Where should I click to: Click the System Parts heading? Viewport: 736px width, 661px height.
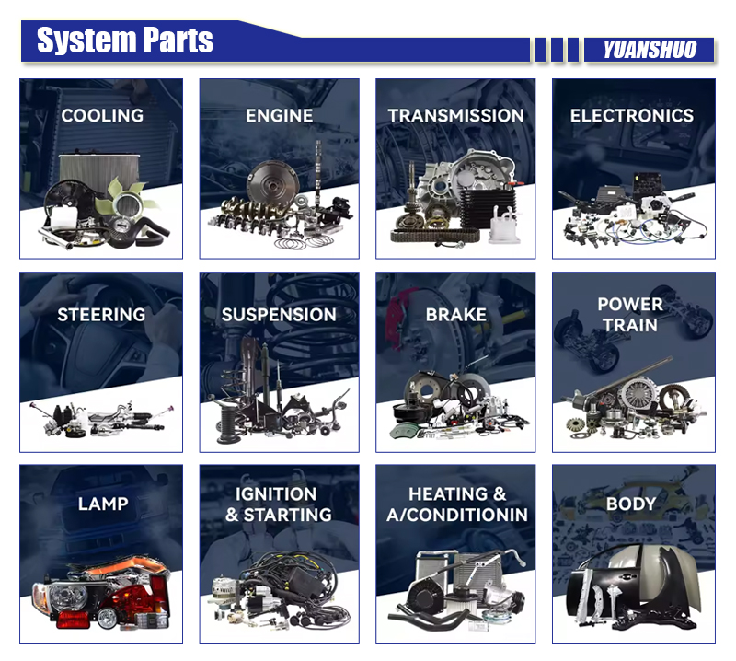click(x=125, y=41)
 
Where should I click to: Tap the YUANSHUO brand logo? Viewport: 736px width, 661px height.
click(x=650, y=50)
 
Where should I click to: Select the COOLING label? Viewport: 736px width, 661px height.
click(x=102, y=116)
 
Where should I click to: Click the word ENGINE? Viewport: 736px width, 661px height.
click(x=280, y=116)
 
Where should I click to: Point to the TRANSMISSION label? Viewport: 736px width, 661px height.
click(x=455, y=116)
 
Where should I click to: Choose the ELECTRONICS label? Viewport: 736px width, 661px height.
click(x=632, y=116)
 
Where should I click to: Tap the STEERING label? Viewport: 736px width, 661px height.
click(x=101, y=315)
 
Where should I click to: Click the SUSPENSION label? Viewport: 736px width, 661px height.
click(x=279, y=315)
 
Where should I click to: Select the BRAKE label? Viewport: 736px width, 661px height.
click(x=455, y=315)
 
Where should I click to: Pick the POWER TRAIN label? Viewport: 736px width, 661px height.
click(x=630, y=315)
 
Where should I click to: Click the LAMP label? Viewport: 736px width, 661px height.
click(x=103, y=504)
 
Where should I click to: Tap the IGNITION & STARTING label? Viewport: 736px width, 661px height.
click(x=279, y=504)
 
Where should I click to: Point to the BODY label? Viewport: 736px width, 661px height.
click(x=631, y=504)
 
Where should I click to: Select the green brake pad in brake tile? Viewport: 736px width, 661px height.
click(x=405, y=429)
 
